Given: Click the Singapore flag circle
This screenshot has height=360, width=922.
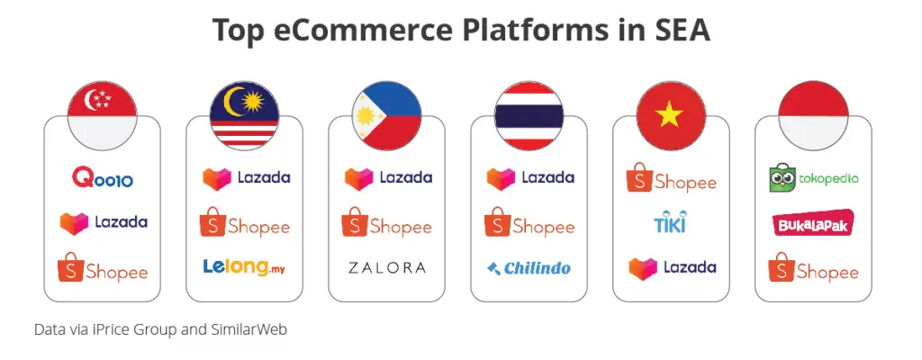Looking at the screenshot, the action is point(103,115).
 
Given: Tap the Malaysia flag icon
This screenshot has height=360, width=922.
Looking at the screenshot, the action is point(245,115).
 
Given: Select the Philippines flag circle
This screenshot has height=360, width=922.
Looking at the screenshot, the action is point(387,115).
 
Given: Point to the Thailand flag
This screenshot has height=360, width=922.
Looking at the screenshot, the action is point(529,115).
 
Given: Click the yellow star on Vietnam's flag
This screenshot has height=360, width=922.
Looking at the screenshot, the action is point(670,114).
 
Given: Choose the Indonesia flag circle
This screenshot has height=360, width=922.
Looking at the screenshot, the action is point(813,115).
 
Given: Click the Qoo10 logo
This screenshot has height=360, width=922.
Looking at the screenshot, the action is point(103,177).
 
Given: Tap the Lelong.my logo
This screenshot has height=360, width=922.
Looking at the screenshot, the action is point(244,267).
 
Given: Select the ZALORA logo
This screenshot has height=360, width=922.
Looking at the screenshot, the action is point(386,268).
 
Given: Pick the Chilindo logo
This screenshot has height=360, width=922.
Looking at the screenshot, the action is point(529,268).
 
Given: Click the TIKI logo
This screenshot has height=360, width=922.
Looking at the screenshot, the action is point(670,221).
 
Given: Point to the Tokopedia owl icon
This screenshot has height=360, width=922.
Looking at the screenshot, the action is point(782,177).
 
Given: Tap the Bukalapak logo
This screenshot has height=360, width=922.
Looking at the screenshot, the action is point(813,223).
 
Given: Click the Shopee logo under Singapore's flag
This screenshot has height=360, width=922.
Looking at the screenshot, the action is point(103,267).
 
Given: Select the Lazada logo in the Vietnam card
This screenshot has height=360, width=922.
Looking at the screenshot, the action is point(672,268).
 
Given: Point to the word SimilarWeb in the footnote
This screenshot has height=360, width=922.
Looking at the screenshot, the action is point(249,329).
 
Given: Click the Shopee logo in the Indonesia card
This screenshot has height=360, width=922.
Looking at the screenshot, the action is point(813,267).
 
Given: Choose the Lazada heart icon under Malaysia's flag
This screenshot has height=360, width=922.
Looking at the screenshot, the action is point(217,178).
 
